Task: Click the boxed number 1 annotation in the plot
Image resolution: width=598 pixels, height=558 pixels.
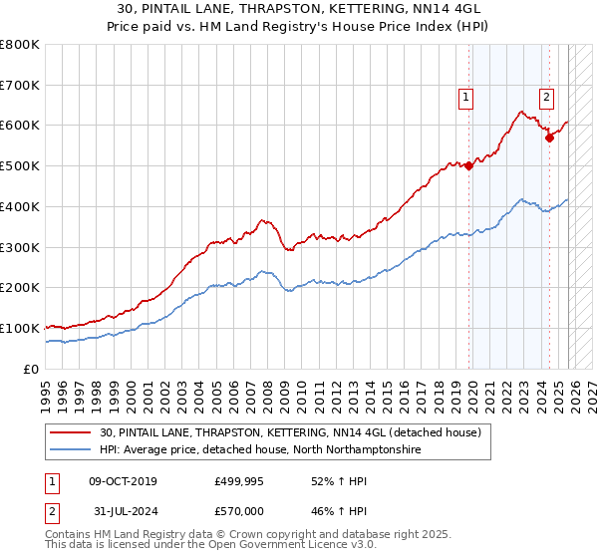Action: tap(466, 97)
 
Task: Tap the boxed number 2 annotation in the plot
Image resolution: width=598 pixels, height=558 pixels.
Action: tap(547, 97)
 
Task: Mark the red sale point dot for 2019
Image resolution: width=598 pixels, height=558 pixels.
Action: tap(469, 166)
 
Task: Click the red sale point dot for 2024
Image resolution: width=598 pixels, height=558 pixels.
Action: tap(549, 138)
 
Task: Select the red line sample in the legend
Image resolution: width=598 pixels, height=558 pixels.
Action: tap(73, 432)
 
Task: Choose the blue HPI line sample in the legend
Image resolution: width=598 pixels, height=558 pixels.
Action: tap(73, 450)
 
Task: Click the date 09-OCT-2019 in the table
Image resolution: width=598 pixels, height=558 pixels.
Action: tap(123, 481)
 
